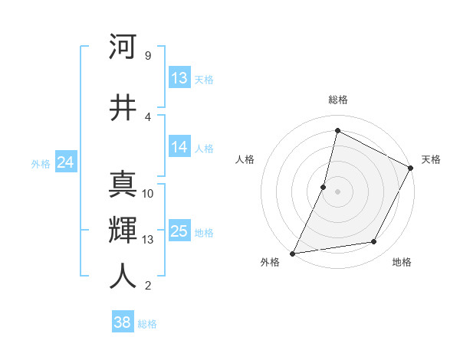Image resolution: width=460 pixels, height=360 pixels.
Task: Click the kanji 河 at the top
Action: pos(123,47)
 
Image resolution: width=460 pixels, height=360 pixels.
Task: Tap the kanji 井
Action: pos(123,108)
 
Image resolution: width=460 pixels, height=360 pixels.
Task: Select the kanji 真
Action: pos(123,185)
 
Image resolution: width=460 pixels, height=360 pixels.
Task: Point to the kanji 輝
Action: pos(123,230)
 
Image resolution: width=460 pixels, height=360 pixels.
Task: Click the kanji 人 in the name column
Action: pos(123,277)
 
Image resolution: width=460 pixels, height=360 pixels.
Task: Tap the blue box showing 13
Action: pos(179,78)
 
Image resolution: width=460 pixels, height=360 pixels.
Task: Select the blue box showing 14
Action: pos(179,148)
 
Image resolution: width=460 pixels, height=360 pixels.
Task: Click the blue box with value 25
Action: pos(179,231)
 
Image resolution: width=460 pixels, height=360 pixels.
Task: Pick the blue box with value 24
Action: pos(65,162)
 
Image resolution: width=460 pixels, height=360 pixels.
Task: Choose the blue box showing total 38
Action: pos(123,322)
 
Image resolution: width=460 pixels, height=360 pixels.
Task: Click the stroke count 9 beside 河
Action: pos(147,56)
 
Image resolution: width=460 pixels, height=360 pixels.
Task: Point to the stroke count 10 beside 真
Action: pos(148,194)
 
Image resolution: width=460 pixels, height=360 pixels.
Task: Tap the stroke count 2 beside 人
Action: pos(147,286)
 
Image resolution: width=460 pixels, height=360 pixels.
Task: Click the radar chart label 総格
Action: pos(338,100)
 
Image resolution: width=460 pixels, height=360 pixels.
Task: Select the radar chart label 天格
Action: pos(431,159)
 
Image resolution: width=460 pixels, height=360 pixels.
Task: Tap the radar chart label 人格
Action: pos(245,159)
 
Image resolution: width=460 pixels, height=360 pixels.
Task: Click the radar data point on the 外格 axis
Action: pos(292,254)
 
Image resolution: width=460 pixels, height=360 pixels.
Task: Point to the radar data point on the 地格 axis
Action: pos(374,242)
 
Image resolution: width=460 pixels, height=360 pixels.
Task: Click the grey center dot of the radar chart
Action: pos(338,191)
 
